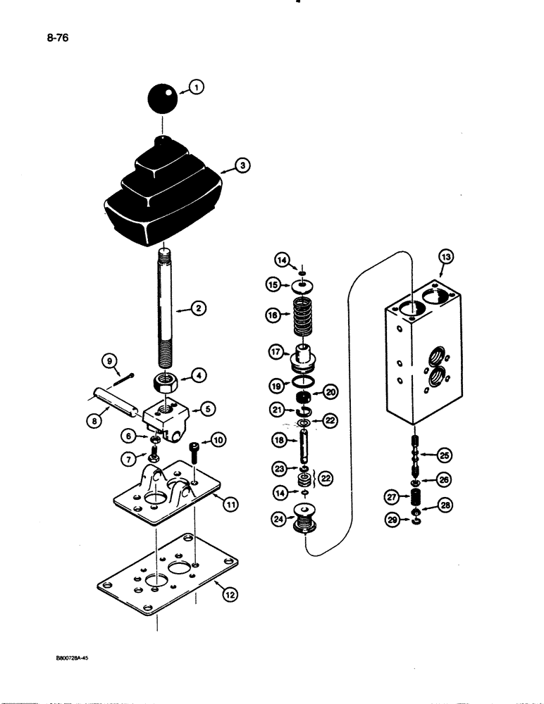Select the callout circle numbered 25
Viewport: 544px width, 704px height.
tap(443, 455)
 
